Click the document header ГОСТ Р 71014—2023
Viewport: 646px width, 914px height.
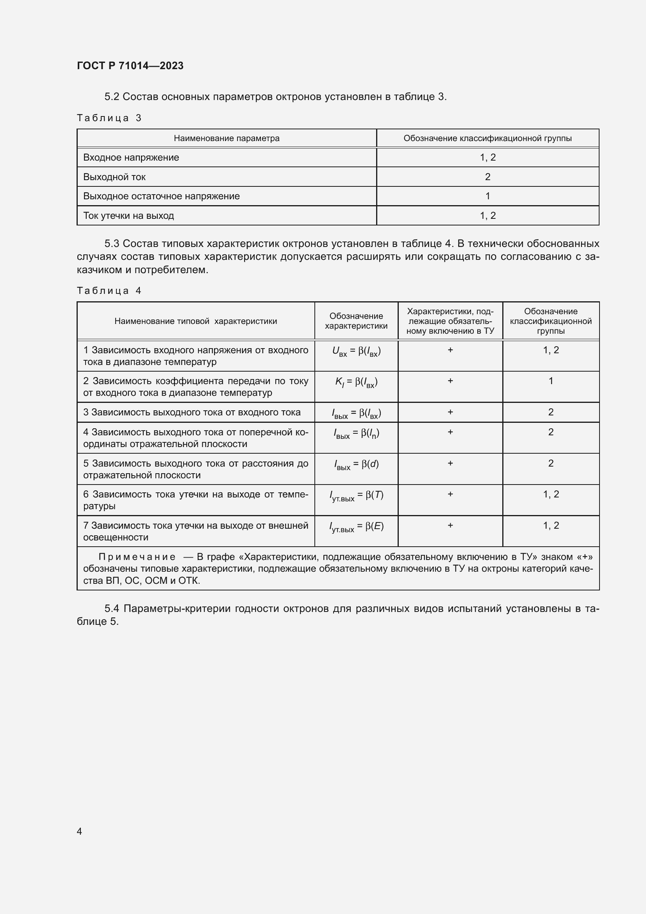130,66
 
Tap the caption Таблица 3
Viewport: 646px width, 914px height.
109,118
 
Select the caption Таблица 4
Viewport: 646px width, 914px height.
109,291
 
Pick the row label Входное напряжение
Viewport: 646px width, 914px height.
131,157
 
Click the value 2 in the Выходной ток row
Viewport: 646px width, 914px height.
487,177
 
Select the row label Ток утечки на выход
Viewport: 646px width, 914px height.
128,215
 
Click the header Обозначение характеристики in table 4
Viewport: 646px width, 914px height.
356,321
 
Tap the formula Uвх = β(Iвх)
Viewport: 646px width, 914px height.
356,351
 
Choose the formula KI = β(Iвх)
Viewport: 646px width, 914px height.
356,382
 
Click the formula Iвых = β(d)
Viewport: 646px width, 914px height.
356,465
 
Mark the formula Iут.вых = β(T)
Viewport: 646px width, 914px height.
356,495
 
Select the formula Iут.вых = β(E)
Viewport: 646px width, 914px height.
356,527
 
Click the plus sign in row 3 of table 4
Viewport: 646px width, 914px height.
450,412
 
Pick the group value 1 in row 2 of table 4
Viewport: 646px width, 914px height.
551,381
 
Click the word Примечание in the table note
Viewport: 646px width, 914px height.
137,557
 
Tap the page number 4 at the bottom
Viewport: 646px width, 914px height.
79,831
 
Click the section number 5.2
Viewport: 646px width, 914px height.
112,97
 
